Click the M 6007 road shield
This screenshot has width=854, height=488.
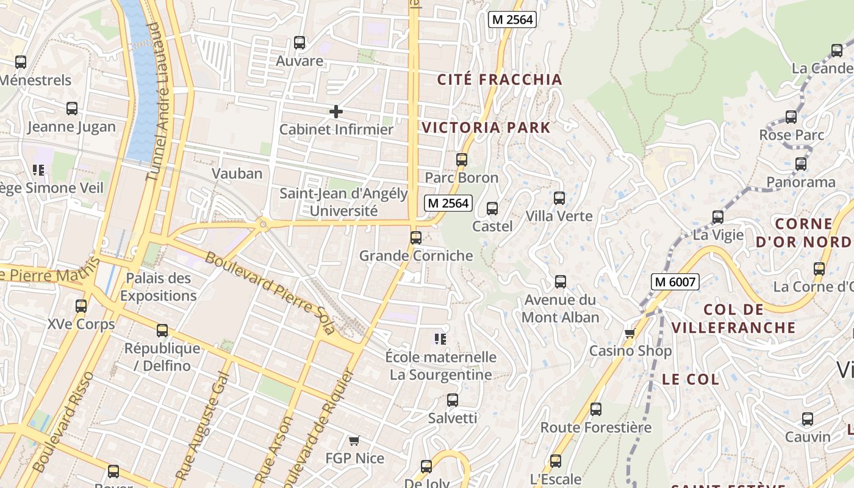[674, 282]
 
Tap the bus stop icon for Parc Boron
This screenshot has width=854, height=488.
[462, 160]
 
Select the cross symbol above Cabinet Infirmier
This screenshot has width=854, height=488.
[335, 112]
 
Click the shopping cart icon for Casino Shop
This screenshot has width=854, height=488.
[630, 333]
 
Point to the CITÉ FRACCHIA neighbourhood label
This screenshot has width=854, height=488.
[500, 79]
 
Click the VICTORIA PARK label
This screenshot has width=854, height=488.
[486, 128]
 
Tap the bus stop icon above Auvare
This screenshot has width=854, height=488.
[299, 43]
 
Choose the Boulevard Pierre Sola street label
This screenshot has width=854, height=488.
[270, 293]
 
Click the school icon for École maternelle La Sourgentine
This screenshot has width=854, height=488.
[440, 339]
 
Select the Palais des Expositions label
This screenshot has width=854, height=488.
[159, 287]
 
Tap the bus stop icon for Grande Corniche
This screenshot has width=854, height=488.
[416, 238]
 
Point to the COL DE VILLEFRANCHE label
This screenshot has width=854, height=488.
[733, 318]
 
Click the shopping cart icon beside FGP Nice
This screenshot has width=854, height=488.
[354, 440]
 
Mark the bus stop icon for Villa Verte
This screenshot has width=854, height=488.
[559, 198]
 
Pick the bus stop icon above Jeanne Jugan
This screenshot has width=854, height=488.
[72, 109]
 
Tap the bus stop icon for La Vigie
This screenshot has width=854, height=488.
[718, 217]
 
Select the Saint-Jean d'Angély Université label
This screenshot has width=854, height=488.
[343, 203]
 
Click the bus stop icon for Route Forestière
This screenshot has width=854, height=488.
[596, 409]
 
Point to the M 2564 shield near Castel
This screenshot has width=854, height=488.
[448, 203]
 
